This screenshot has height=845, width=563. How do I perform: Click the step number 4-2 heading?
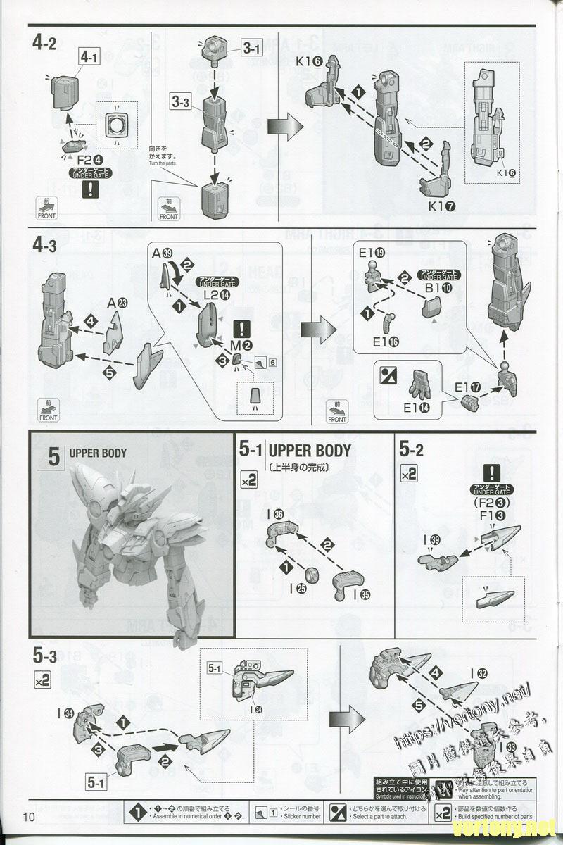44,44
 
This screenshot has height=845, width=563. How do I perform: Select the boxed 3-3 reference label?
181,102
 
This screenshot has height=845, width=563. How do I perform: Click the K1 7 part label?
441,207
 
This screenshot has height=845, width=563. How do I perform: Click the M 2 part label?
242,345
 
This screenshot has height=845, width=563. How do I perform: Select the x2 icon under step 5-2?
409,473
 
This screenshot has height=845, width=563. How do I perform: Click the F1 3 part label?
491,515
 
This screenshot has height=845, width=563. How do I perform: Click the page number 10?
29,816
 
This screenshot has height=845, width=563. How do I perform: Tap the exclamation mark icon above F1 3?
490,472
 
